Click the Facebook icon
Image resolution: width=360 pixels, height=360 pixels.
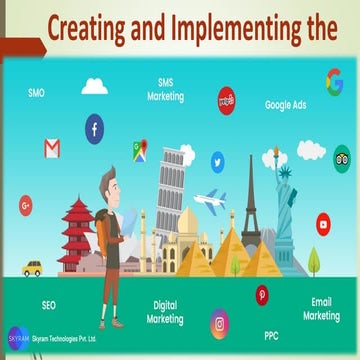(x=94, y=128)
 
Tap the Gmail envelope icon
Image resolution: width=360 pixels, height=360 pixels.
(x=52, y=148)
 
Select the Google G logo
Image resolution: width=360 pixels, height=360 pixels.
(x=334, y=80)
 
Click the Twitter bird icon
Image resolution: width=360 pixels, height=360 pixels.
(x=217, y=160)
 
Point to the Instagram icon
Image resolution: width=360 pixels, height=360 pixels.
(x=219, y=323)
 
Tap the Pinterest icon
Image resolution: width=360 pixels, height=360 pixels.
(x=262, y=294)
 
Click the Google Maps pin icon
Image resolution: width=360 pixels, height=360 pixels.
(x=139, y=150)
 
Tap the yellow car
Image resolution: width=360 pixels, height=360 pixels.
(x=32, y=268)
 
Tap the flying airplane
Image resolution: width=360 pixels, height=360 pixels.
(x=209, y=201)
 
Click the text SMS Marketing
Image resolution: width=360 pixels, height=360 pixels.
(x=166, y=91)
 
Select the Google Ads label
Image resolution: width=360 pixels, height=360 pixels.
(x=285, y=104)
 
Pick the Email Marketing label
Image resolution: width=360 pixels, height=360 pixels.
(x=321, y=308)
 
